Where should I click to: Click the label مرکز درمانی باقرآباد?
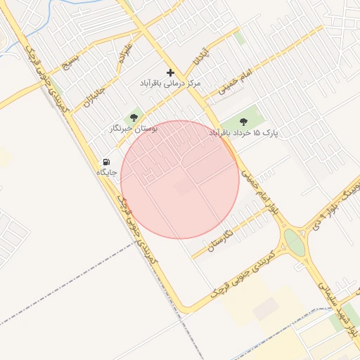170,83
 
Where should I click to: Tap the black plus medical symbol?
170,72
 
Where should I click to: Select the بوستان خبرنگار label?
134,129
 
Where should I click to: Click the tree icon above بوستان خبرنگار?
134,118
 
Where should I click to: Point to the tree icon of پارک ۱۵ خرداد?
244,122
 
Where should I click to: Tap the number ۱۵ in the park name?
256,133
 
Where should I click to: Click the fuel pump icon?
106,162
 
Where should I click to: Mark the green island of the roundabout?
294,244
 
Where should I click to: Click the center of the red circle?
180,180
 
